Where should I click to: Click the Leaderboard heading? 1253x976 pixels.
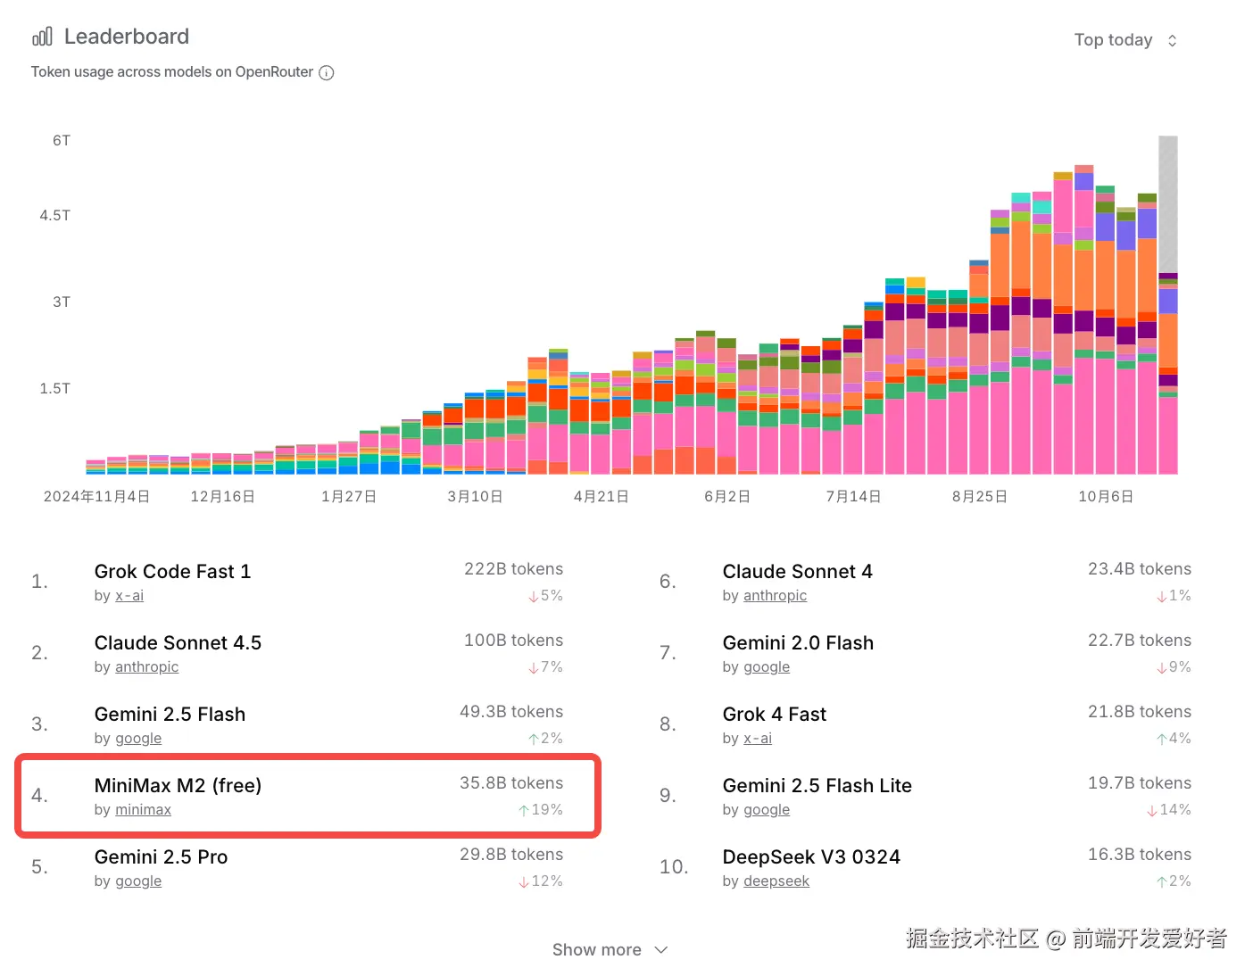(126, 37)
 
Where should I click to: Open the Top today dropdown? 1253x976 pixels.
(1124, 40)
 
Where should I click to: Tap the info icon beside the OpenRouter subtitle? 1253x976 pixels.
(327, 73)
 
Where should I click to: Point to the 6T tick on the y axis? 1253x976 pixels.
(62, 141)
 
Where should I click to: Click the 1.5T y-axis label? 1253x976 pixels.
(55, 389)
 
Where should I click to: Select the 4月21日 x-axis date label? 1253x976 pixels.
(601, 496)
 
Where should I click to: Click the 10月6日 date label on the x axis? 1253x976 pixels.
(1105, 496)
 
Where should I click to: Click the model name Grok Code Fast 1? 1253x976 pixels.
(172, 571)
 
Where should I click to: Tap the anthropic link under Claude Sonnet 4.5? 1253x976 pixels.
(146, 667)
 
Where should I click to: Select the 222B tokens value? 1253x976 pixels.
(513, 569)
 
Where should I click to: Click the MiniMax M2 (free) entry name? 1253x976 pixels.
(178, 785)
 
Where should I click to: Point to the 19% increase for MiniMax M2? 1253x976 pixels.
(541, 810)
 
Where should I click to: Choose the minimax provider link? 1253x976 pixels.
(143, 810)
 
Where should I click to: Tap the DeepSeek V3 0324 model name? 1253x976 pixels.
(811, 856)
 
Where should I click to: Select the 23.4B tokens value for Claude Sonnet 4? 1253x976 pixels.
(1139, 569)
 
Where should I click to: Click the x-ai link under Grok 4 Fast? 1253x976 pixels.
(758, 739)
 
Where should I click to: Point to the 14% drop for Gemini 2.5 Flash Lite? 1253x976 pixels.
(1169, 810)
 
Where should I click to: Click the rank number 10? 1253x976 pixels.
(674, 867)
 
